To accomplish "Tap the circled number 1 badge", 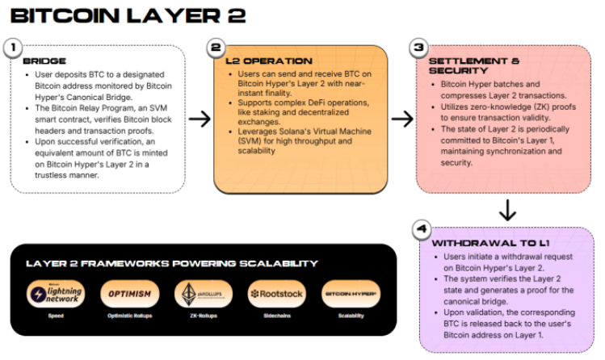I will click(14, 47).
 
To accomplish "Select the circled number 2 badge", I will click(216, 48).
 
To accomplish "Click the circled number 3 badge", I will click(418, 48).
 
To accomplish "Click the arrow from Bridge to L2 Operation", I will click(198, 119).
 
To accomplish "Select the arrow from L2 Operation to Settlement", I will click(401, 119).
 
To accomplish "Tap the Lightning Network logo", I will click(55, 293).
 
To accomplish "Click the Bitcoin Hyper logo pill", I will click(349, 293).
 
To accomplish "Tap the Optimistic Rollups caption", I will click(128, 316).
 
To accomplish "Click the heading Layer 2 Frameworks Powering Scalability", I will click(171, 263).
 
